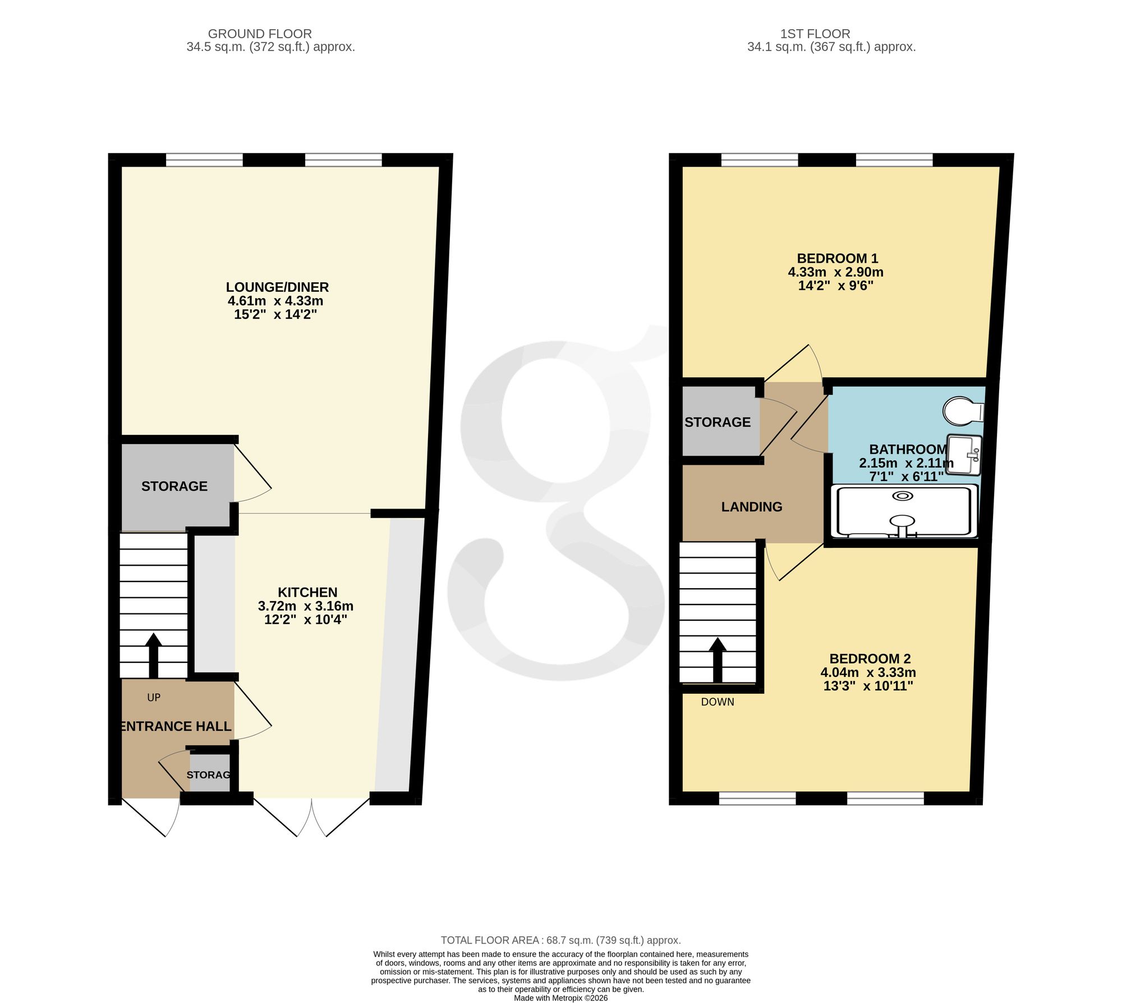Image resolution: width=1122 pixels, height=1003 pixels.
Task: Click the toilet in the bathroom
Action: (x=963, y=411)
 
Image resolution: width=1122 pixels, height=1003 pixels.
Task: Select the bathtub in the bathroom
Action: (x=905, y=511)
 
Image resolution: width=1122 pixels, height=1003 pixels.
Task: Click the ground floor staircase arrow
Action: (x=153, y=656)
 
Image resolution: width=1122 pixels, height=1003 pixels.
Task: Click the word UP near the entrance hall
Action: (x=154, y=697)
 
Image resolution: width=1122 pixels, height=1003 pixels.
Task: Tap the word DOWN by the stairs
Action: (x=718, y=702)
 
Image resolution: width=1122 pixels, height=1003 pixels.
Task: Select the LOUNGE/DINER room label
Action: (x=277, y=287)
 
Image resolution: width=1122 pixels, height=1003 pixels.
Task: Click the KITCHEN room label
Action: (x=307, y=592)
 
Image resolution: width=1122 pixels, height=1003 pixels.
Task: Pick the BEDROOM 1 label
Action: (x=838, y=258)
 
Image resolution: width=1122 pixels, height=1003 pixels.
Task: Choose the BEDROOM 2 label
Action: (x=870, y=658)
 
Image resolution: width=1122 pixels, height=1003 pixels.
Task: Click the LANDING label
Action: (x=752, y=507)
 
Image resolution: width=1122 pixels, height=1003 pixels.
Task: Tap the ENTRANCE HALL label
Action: (x=176, y=726)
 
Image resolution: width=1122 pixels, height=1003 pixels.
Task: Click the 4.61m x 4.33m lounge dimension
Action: (x=275, y=301)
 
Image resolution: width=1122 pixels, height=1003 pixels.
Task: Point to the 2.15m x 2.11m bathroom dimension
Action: (x=907, y=463)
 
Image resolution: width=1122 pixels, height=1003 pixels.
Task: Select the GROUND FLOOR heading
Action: (x=260, y=34)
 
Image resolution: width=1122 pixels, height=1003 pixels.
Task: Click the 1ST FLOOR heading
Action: (x=815, y=34)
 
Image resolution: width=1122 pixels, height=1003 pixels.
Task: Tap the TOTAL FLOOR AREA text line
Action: (x=561, y=940)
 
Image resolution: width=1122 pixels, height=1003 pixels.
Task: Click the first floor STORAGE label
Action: (x=718, y=422)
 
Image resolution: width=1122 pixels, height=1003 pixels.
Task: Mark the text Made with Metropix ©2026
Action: (x=561, y=998)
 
